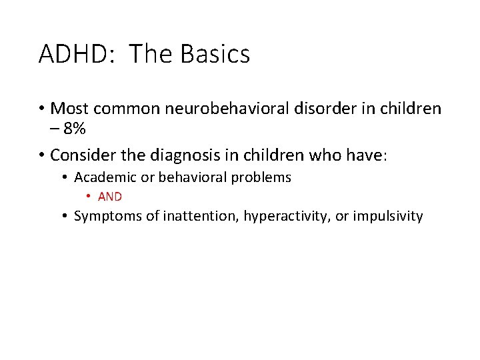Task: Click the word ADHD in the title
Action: coord(67,54)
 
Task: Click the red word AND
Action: coord(110,197)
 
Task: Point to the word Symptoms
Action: coord(107,216)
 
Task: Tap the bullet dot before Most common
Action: coord(42,109)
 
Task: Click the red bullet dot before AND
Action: coord(89,197)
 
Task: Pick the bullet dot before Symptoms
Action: coord(65,217)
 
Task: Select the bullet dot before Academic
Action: coord(65,178)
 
